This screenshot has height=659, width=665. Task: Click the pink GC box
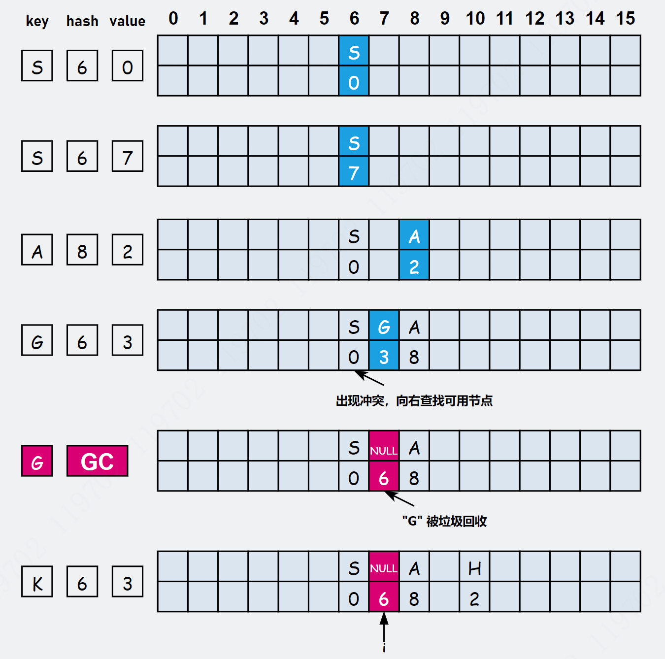pos(97,461)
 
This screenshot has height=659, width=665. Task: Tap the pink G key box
pos(37,461)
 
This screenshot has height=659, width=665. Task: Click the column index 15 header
pos(625,19)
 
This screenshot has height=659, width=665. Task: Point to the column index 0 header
pos(173,19)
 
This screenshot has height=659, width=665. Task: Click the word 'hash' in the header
pos(82,21)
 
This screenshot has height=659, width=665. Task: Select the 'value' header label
pos(127,21)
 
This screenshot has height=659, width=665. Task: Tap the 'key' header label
pos(37,21)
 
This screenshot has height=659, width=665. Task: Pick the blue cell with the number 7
pos(354,171)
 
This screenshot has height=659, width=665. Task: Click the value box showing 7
pos(127,156)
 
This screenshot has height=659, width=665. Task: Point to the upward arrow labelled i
pos(384,630)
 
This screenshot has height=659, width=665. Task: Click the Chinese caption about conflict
pos(414,401)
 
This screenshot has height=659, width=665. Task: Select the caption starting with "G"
pos(444,521)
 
